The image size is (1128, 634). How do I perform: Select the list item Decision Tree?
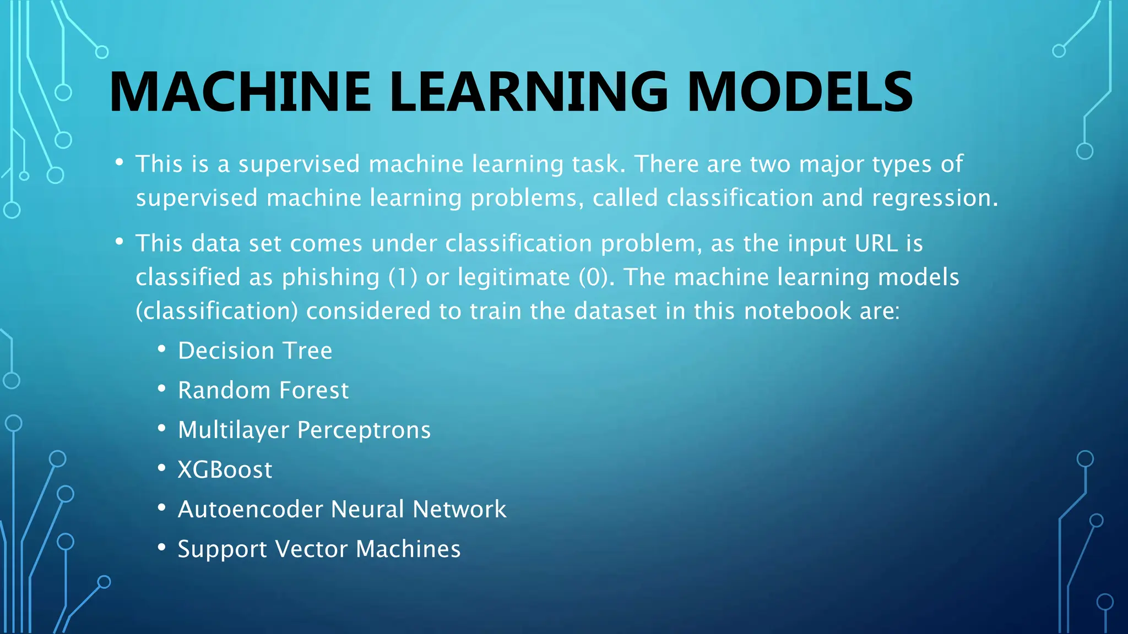(255, 351)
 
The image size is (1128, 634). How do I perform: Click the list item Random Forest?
(263, 390)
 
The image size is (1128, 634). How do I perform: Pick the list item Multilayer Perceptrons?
(304, 430)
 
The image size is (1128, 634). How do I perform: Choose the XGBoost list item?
(225, 470)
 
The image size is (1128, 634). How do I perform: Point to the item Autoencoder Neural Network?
(342, 509)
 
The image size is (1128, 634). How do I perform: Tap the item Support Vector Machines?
(319, 549)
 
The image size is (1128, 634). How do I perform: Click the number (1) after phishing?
(403, 277)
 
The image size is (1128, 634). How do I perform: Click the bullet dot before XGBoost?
(161, 469)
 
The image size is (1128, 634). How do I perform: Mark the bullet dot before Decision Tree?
(161, 349)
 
